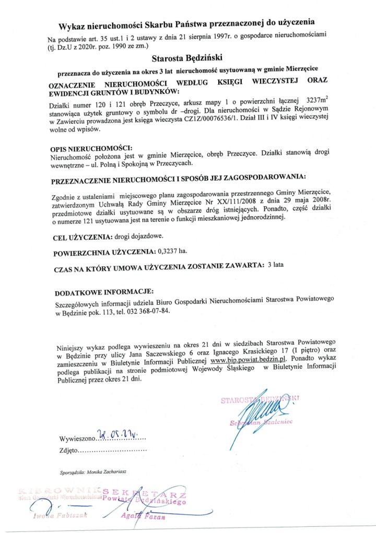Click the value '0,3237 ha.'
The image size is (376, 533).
click(x=172, y=252)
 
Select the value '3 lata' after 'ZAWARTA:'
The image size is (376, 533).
click(x=275, y=266)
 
